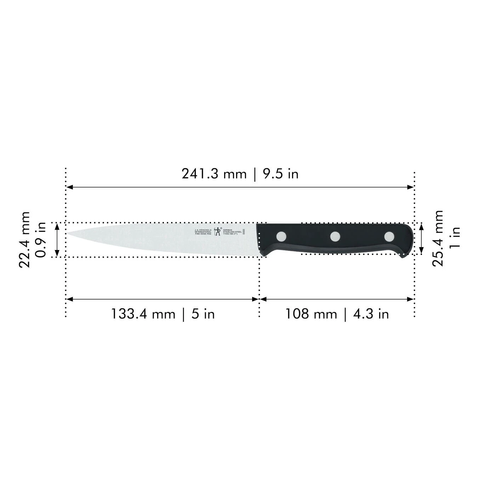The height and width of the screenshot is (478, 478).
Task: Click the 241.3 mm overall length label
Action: click(214, 174)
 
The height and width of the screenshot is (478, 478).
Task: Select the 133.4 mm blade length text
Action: click(143, 314)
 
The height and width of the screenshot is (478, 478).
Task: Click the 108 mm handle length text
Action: click(311, 314)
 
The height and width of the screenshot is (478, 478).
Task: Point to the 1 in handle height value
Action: click(455, 238)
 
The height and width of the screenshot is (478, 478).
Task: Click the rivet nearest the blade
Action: click(282, 236)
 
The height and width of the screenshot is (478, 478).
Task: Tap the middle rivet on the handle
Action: click(335, 236)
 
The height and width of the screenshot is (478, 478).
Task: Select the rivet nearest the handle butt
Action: click(389, 236)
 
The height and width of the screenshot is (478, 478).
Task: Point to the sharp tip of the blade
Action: click(68, 233)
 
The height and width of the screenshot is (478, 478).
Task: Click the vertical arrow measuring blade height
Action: click(57, 240)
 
